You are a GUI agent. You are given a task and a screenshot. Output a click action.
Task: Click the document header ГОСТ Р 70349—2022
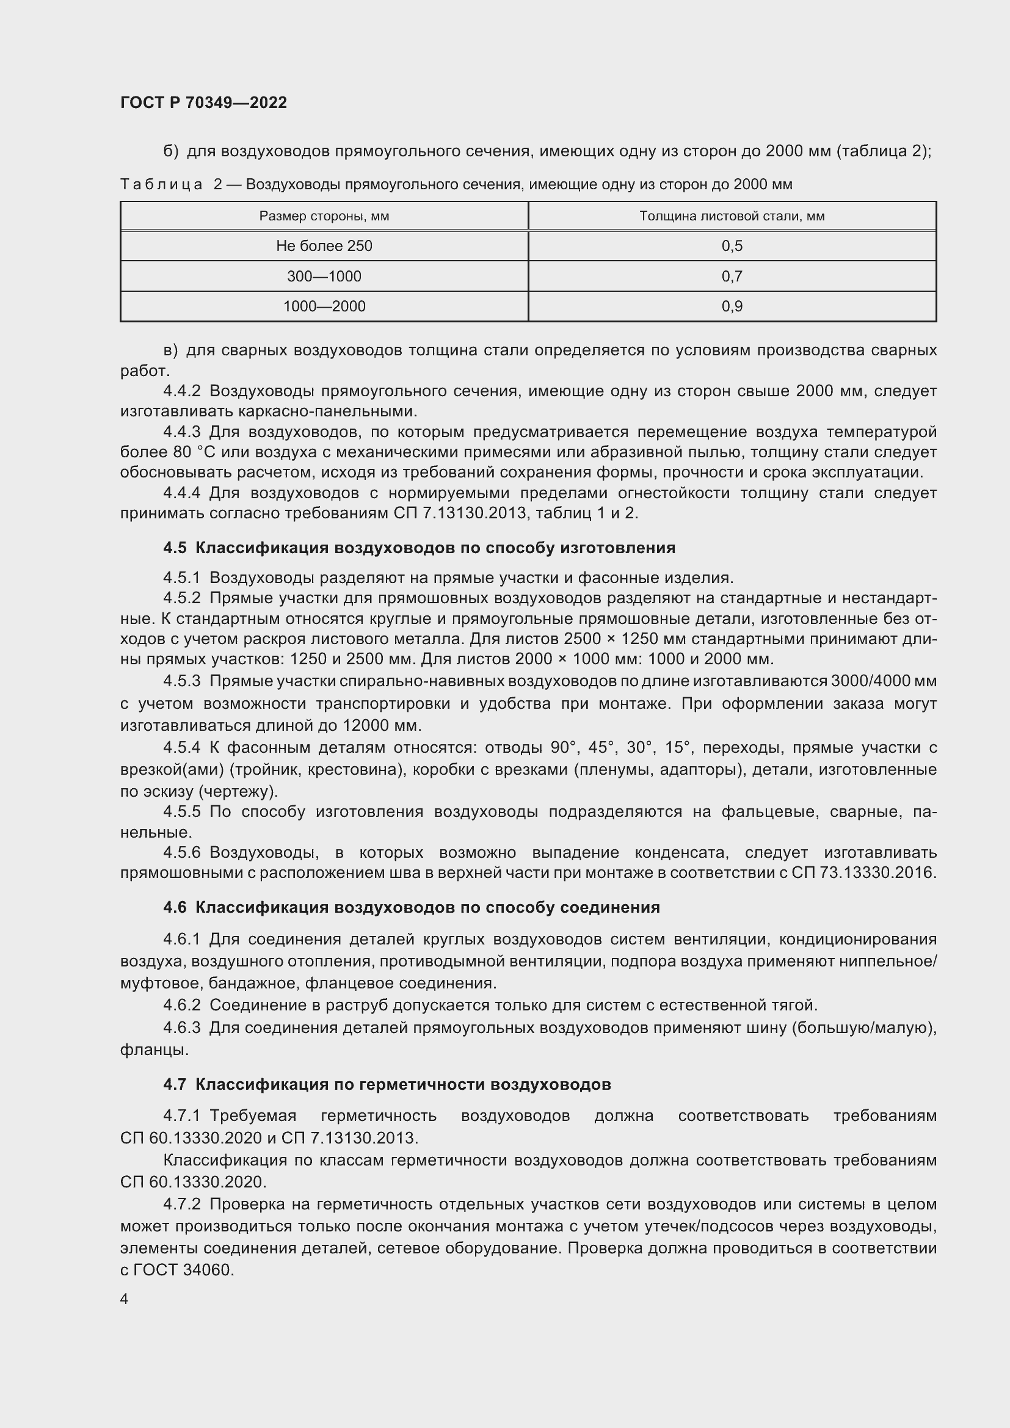(x=203, y=103)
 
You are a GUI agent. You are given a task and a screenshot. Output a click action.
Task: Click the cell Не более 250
(x=324, y=245)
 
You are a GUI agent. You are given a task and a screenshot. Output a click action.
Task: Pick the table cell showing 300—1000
(x=324, y=276)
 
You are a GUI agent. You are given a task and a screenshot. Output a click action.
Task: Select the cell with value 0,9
(x=732, y=306)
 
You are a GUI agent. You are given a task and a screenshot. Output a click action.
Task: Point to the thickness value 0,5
(x=732, y=245)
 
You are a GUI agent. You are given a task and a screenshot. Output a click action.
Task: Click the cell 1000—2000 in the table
(x=324, y=306)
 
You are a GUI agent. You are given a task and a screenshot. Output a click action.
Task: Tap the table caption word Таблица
(x=161, y=184)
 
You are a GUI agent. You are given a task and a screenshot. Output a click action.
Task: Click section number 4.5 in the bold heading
(x=175, y=547)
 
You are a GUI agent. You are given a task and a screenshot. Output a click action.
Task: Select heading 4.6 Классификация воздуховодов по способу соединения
(x=411, y=907)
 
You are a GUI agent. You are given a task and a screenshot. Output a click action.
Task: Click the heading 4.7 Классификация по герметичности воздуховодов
(x=387, y=1084)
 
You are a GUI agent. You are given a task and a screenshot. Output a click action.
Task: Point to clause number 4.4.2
(x=181, y=391)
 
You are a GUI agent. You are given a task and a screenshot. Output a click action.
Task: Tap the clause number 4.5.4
(x=181, y=748)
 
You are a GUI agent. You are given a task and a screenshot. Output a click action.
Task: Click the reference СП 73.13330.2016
(x=863, y=872)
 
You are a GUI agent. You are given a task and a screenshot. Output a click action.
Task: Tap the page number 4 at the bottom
(x=125, y=1299)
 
